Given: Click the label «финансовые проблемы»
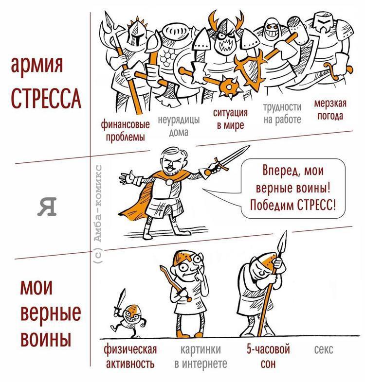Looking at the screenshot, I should point(125,130).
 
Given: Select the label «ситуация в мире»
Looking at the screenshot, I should point(230,119).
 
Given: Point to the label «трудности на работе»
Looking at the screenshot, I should point(282,113).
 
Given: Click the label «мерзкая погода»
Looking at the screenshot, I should point(329,110).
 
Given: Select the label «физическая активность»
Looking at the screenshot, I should point(130,356).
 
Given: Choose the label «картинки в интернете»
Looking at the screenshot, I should point(201,356).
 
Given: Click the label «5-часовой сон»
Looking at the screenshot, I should point(268,356).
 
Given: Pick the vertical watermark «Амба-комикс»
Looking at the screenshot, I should point(97,214).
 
